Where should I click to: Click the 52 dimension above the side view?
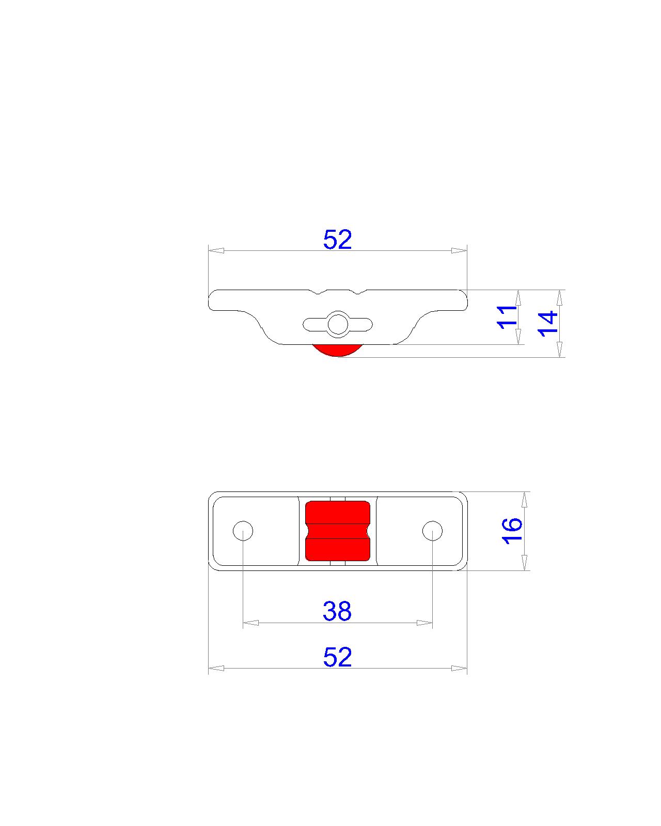[x=337, y=240]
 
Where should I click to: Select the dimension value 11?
[x=507, y=316]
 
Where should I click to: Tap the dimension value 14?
[x=548, y=323]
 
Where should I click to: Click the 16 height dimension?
[x=512, y=530]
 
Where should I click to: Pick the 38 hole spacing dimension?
[x=337, y=611]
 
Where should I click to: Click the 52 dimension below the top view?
[x=337, y=657]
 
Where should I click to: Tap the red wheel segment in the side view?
[x=337, y=351]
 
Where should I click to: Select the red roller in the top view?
[x=338, y=531]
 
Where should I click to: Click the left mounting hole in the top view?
[x=243, y=531]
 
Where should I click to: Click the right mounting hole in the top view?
[x=432, y=531]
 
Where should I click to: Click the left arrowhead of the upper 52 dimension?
[x=216, y=250]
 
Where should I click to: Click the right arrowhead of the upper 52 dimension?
[x=459, y=250]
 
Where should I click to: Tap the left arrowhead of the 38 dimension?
[x=250, y=623]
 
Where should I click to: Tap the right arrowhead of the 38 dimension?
[x=424, y=623]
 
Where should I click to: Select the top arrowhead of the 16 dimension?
[x=525, y=499]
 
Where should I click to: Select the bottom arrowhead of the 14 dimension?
[x=559, y=349]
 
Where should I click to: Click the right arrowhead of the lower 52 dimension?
[x=459, y=669]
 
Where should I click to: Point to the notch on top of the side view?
[x=338, y=292]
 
